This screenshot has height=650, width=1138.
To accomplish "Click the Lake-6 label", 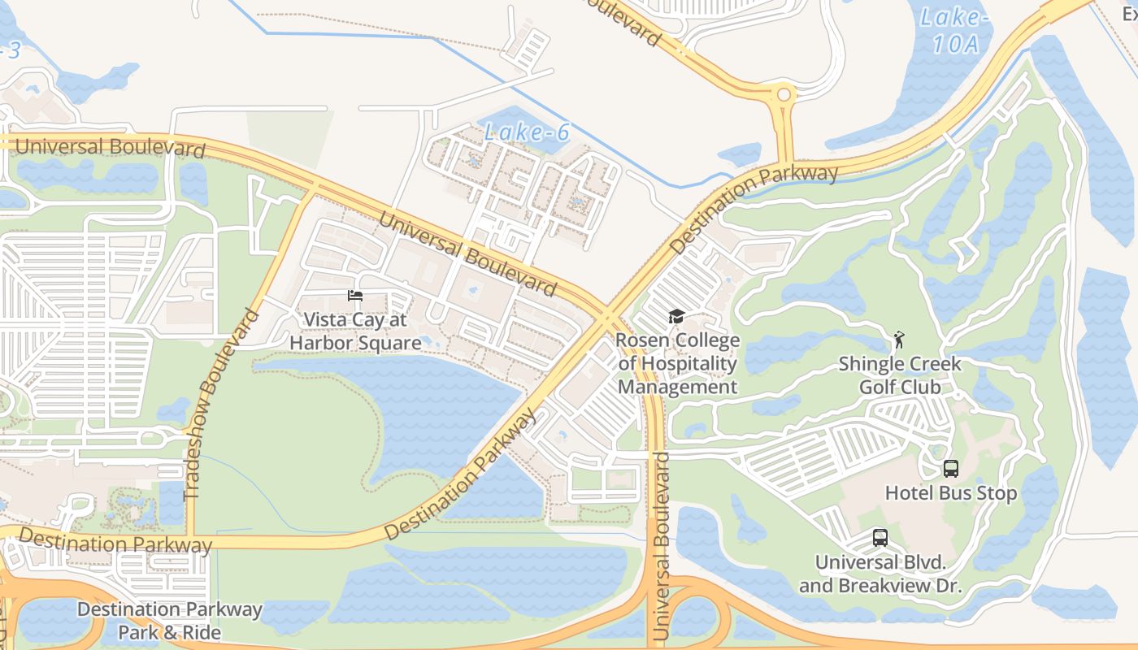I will pos(526,132).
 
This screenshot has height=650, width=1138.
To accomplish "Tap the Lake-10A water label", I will pos(955,31).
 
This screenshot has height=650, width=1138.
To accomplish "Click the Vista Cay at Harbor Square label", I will pos(355,331).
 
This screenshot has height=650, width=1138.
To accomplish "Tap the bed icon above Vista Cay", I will pos(355,296).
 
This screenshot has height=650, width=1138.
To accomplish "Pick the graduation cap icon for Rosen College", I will pos(676,316).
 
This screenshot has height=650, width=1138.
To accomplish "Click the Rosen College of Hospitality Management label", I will pos(677,363).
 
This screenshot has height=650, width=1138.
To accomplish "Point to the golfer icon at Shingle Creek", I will pos(898,339).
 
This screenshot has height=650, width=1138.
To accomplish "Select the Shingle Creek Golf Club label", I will pos(900,375).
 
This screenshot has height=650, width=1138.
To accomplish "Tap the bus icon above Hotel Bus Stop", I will pos(950,469).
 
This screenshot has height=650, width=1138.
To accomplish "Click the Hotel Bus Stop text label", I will pos(950,493).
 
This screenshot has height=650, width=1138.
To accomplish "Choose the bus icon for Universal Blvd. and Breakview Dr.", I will pos(880,538).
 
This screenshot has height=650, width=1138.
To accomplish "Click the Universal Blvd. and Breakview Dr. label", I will pos(880,574).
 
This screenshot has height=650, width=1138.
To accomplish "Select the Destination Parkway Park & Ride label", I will pos(170,620).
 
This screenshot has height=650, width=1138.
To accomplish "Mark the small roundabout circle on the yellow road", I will pos(784,95).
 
